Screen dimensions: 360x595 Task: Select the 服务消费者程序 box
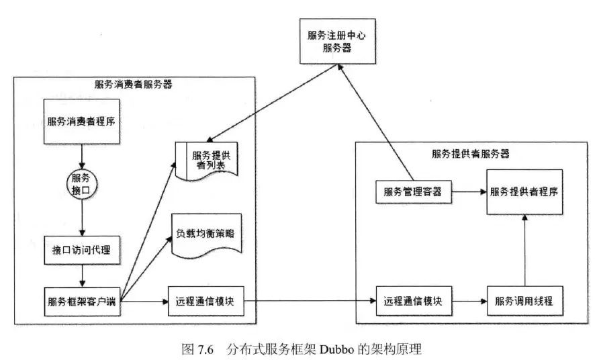81,122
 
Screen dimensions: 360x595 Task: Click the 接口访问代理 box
81,251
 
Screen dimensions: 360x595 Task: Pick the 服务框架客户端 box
81,300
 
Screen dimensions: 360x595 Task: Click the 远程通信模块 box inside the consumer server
204,300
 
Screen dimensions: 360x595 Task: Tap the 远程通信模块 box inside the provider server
413,300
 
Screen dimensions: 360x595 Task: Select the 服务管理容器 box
413,191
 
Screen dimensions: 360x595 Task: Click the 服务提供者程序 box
524,191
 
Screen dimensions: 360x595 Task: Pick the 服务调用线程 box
524,300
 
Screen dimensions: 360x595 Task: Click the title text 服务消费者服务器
134,85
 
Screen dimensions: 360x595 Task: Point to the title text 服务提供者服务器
470,152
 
